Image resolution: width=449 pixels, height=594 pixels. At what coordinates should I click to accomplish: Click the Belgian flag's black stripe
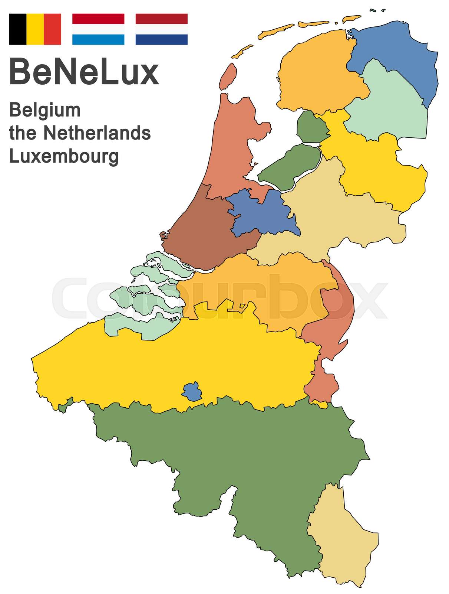pyautogui.click(x=17, y=29)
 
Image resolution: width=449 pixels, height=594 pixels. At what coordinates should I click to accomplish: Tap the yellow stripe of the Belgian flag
pyautogui.click(x=35, y=29)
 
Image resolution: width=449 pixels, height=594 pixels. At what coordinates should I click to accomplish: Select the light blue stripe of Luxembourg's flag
pyautogui.click(x=98, y=39)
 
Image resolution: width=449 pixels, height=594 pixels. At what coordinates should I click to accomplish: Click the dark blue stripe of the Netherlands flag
pyautogui.click(x=161, y=39)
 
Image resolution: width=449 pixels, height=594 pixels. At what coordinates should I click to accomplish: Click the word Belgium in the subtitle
pyautogui.click(x=45, y=111)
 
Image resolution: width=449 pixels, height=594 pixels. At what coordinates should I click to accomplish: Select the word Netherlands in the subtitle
pyautogui.click(x=97, y=133)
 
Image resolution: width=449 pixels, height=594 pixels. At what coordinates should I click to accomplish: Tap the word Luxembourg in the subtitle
pyautogui.click(x=64, y=156)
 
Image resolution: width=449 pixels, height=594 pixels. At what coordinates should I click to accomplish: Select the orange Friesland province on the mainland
pyautogui.click(x=319, y=74)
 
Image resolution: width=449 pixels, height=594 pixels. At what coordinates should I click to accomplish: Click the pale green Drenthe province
pyautogui.click(x=389, y=108)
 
